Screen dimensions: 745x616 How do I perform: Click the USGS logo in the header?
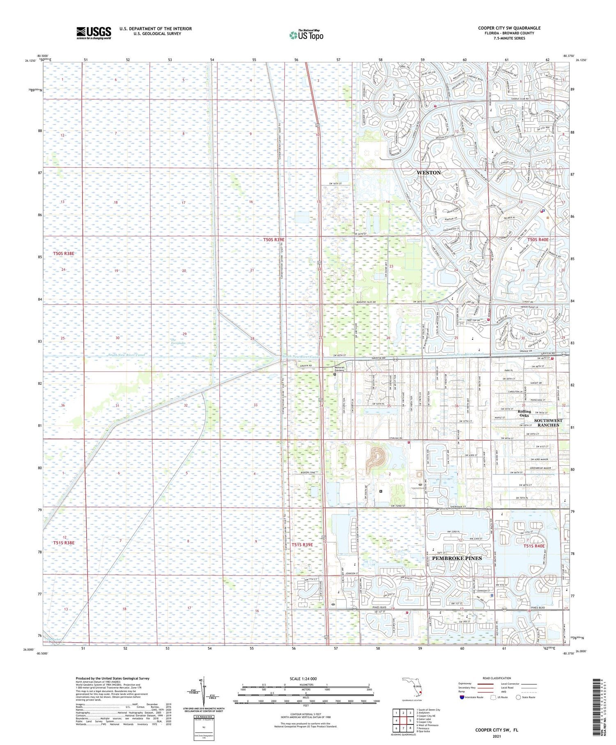94,33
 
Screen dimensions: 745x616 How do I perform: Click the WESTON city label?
428,173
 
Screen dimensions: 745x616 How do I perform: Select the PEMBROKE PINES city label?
457,558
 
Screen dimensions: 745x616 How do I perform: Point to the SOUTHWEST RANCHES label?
548,423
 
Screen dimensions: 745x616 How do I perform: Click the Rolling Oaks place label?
524,413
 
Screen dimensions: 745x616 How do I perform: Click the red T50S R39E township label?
274,239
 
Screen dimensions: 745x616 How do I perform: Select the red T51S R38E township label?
64,543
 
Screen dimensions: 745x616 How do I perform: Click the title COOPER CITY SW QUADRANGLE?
509,28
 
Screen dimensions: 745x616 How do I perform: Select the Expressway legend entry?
466,684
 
